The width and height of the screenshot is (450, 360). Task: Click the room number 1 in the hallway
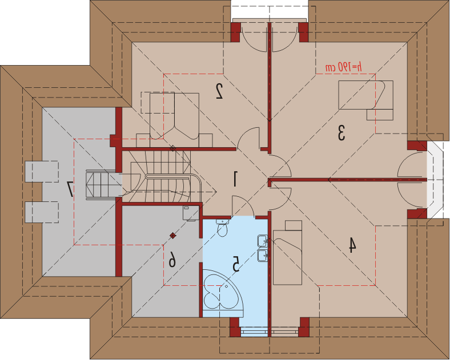235,179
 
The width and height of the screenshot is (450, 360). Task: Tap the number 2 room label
219,91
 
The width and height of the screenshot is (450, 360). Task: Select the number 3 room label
341,133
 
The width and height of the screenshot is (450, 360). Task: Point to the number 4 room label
352,245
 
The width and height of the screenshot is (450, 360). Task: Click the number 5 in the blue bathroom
236,264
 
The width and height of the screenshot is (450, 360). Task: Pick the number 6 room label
172,259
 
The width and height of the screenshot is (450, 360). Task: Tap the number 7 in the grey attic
70,189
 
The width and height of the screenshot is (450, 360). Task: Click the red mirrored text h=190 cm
344,67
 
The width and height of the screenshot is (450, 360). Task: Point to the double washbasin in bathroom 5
263,248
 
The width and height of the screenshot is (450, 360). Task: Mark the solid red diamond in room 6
173,236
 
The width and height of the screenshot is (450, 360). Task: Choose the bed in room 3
366,95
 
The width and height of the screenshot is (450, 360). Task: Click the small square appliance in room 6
191,213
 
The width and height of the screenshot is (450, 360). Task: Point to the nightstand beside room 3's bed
380,115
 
